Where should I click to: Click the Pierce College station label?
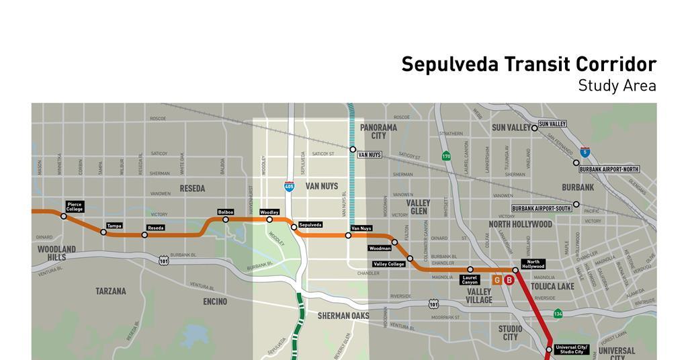(75, 207)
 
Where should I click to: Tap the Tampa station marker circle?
(103, 232)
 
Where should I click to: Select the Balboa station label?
(226, 212)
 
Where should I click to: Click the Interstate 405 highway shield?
(289, 186)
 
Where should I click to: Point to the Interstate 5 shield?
(585, 152)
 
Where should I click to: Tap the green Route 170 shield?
(446, 156)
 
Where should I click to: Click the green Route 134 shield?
(558, 314)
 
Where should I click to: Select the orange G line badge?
(497, 280)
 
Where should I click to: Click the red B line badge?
(509, 280)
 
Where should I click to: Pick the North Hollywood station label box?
(533, 264)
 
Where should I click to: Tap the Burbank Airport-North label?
(611, 169)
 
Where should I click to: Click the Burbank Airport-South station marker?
(576, 204)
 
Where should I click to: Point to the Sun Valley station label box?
(552, 124)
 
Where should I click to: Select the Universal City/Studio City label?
(572, 349)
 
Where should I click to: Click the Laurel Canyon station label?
(470, 280)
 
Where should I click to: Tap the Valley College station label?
(389, 264)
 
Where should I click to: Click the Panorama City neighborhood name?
(378, 131)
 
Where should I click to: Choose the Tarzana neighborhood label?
(111, 291)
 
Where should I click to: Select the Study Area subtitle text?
(617, 86)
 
